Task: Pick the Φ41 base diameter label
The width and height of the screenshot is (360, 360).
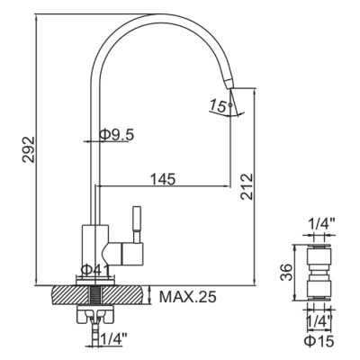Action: click(x=94, y=269)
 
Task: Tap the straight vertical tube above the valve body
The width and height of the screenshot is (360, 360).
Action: click(x=93, y=162)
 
